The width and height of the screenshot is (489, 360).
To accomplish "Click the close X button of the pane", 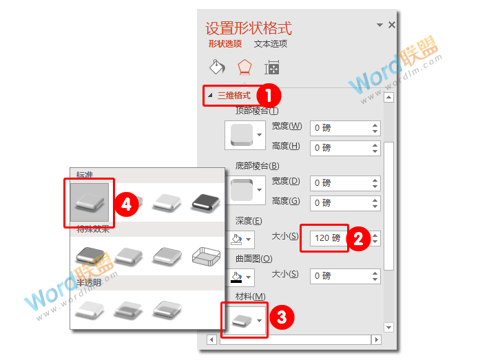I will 392,25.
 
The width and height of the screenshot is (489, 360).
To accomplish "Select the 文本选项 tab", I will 271,44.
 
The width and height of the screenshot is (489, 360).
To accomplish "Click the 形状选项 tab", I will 225,44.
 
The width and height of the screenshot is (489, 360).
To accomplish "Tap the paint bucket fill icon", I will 217,67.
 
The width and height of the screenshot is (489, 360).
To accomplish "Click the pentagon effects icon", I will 244,67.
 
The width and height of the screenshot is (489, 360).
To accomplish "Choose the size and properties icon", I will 272,67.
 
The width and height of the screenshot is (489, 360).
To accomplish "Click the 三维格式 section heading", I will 233,96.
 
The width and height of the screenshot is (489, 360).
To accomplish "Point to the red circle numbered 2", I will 358,238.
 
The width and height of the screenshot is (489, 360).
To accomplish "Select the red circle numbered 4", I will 126,204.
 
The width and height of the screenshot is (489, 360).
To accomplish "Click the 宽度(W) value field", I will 340,127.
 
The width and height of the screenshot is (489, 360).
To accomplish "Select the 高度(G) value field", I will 340,202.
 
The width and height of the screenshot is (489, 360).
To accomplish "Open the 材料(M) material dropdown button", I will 244,320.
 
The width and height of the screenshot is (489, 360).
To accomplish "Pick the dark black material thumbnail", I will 204,202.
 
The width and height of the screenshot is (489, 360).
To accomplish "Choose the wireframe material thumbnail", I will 204,256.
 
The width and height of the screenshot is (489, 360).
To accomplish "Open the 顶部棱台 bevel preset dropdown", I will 244,135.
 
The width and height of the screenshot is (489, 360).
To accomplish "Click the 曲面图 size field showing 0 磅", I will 340,275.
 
